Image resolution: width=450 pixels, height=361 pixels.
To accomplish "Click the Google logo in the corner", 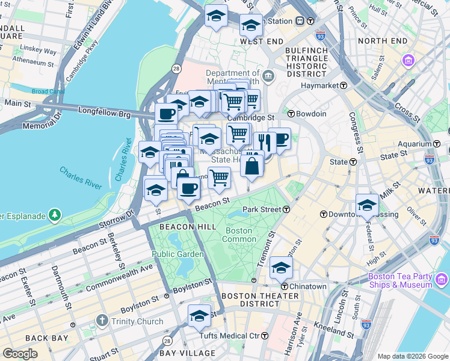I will pyautogui.click(x=20, y=354).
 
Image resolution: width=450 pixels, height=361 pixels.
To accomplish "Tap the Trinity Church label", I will pyautogui.click(x=137, y=321).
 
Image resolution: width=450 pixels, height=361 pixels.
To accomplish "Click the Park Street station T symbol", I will pyautogui.click(x=287, y=209).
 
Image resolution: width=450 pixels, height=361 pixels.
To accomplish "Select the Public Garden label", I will pyautogui.click(x=171, y=254).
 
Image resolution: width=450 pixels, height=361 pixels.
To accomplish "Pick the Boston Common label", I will pyautogui.click(x=239, y=235).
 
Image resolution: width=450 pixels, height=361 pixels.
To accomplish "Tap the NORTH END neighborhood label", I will pyautogui.click(x=383, y=41).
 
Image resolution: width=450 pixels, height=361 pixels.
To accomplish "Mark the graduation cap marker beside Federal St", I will pyautogui.click(x=366, y=204).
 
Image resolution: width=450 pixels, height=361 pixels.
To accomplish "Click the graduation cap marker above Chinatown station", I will pyautogui.click(x=281, y=266).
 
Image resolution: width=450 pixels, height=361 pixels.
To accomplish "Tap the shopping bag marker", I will pyautogui.click(x=251, y=165).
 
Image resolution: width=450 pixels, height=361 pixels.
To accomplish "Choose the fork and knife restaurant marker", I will pyautogui.click(x=264, y=141).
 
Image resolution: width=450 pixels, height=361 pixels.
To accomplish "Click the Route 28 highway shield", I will pyautogui.click(x=176, y=69).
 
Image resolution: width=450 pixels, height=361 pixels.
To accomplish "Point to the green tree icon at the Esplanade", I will pyautogui.click(x=55, y=215).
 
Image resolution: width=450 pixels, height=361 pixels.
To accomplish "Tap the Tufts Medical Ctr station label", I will pyautogui.click(x=230, y=335).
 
